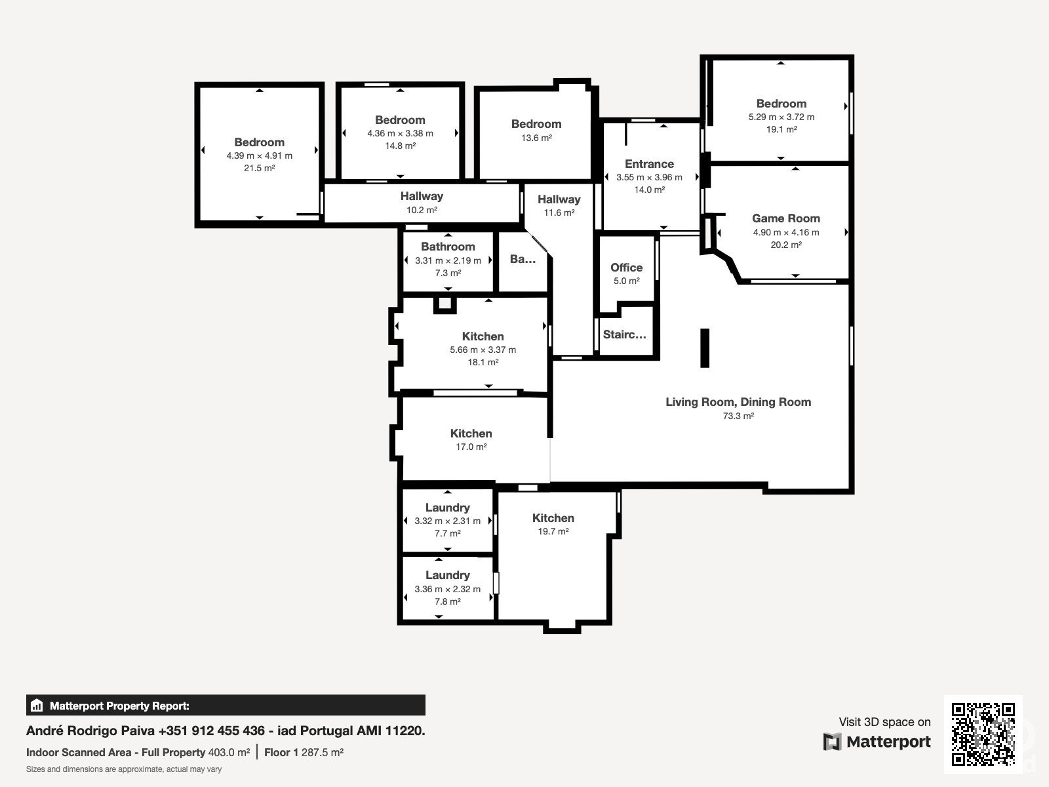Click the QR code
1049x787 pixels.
pos(983,734)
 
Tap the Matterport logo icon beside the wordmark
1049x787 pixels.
pos(832,742)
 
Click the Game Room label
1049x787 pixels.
pos(785,218)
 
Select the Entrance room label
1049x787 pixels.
pos(649,164)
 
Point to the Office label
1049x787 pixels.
pos(626,268)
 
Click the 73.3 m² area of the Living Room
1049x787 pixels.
pos(738,416)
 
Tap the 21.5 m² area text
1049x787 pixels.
pos(259,168)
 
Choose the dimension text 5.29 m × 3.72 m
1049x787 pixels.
pos(782,117)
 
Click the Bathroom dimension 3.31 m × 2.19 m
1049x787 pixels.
pos(448,260)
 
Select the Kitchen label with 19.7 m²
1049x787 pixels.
pos(553,518)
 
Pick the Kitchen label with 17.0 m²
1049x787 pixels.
pos(471,434)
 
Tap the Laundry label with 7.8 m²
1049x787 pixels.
pos(447,575)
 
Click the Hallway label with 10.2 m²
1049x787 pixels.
pos(422,196)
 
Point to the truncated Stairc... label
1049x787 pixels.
pos(624,334)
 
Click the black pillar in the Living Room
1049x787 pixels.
pos(704,348)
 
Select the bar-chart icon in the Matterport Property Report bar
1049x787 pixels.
pos(37,705)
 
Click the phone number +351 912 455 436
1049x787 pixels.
pos(212,731)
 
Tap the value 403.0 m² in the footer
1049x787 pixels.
pos(229,752)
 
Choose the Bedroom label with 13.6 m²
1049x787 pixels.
pos(536,124)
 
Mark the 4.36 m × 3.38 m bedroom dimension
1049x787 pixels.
pos(400,133)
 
